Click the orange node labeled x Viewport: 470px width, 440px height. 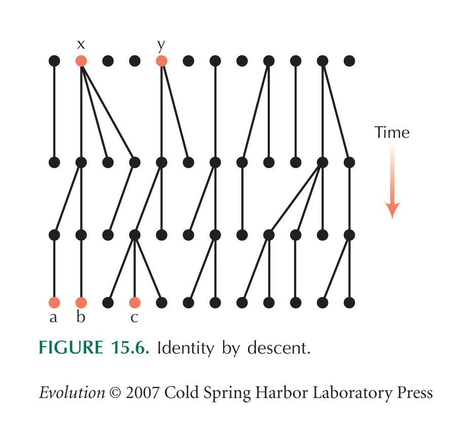point(81,61)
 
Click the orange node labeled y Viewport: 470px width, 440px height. point(162,61)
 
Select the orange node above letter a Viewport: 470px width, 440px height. point(54,302)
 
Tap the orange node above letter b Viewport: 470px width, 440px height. point(81,302)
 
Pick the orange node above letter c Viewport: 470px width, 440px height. point(134,302)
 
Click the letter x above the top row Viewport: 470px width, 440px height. point(81,44)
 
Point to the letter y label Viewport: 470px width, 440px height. point(161,46)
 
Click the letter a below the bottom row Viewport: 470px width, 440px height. point(53,318)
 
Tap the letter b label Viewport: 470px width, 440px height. point(81,316)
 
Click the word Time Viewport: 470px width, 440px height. point(392,132)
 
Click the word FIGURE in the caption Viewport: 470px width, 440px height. point(71,348)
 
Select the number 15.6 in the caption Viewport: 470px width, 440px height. point(130,348)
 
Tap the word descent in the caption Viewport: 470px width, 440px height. point(279,348)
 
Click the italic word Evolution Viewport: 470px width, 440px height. point(72,393)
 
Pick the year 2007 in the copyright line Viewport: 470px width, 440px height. point(142,393)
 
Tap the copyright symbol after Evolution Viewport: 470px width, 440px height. point(116,393)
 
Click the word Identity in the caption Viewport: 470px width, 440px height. point(186,348)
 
